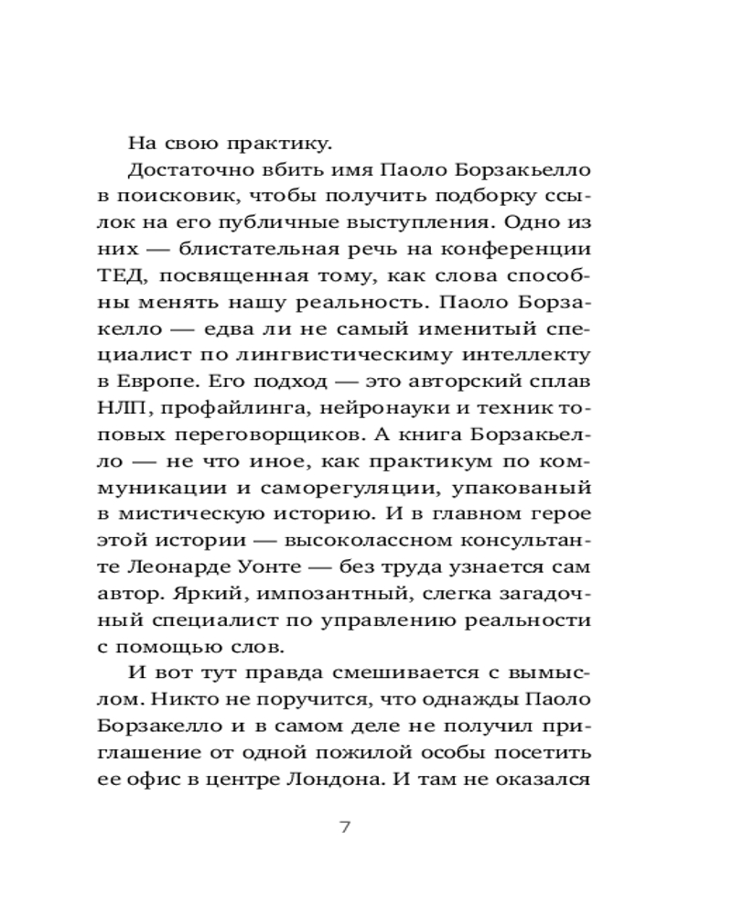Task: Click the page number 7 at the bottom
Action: tap(345, 829)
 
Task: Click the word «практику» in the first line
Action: tap(278, 144)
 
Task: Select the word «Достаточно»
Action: tap(191, 171)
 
